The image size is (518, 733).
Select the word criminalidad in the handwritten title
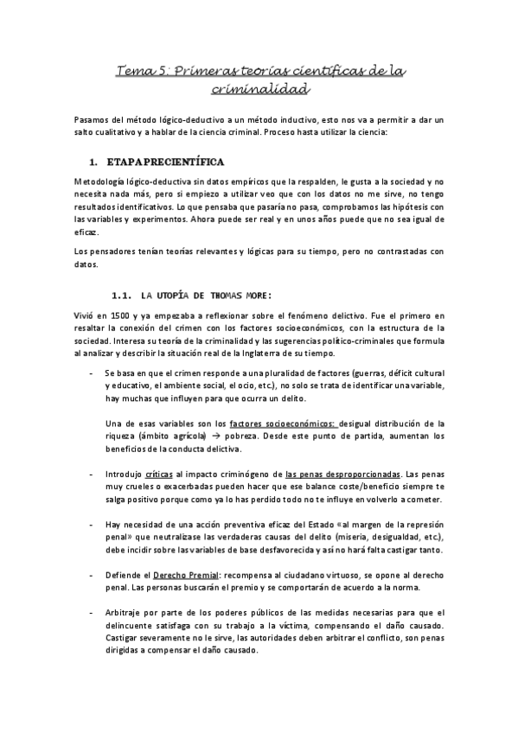pyautogui.click(x=259, y=88)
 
